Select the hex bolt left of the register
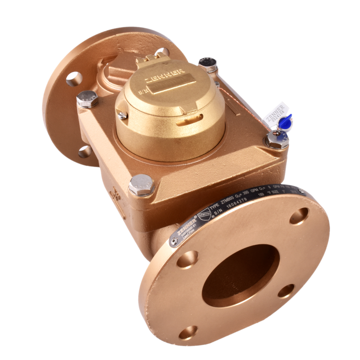87,99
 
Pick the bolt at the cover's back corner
208,64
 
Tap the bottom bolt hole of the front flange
189,331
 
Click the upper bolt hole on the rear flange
74,77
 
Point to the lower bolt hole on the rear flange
85,152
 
